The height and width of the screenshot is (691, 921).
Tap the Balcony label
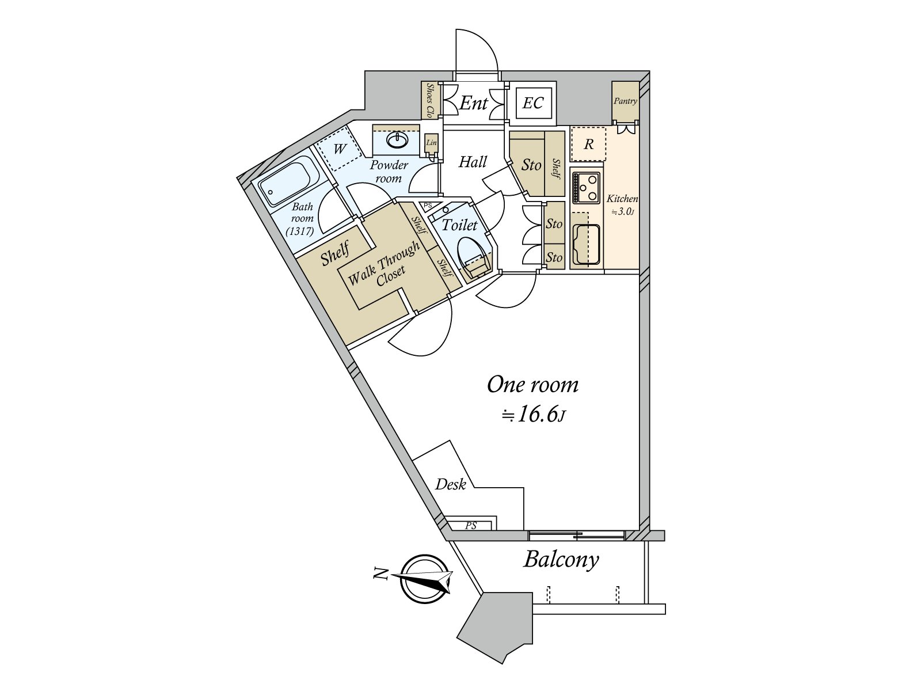click(x=561, y=559)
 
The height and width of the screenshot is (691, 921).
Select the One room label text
click(x=532, y=385)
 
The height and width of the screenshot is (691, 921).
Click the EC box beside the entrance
click(x=534, y=103)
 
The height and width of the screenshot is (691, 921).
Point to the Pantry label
click(x=625, y=101)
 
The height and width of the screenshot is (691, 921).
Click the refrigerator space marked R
click(x=588, y=144)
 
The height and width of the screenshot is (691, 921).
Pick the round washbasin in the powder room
click(x=397, y=140)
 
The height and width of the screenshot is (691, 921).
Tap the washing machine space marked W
click(x=340, y=149)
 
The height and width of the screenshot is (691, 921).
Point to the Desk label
click(x=450, y=485)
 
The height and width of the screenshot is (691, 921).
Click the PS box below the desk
click(x=471, y=525)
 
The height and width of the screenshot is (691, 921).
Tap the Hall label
click(x=473, y=162)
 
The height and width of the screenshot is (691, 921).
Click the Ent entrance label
click(x=474, y=104)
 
